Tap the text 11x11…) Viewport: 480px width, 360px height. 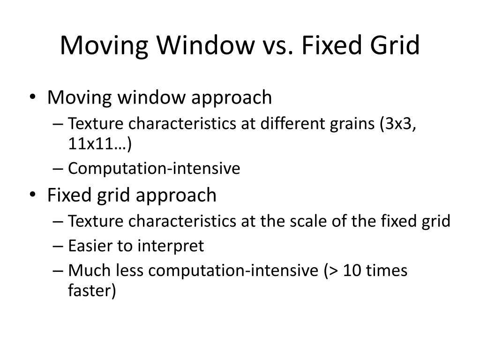pyautogui.click(x=100, y=144)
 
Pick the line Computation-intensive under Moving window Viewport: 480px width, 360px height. pyautogui.click(x=154, y=168)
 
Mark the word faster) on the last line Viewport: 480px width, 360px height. pyautogui.click(x=92, y=291)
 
